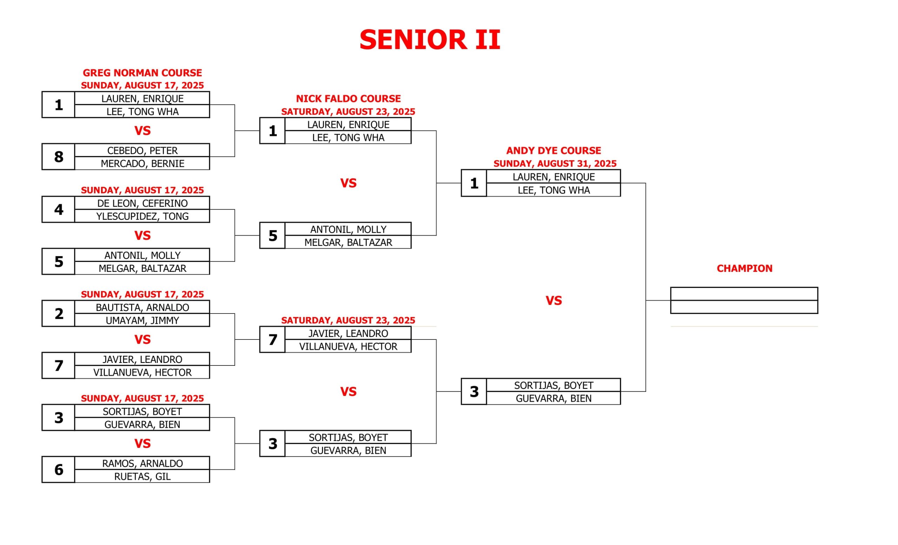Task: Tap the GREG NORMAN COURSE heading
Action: coord(142,73)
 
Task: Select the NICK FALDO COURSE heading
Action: coord(348,99)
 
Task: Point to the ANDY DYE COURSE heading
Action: coord(553,150)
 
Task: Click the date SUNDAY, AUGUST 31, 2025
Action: coord(555,163)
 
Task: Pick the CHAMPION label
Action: coord(744,269)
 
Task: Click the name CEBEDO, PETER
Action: coord(142,150)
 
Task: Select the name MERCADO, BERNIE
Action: coord(142,163)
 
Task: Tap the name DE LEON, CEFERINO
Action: coord(142,203)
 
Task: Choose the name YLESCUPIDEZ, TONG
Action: coord(142,216)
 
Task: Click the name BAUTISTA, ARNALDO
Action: coord(142,308)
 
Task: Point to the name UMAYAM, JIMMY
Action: coord(142,321)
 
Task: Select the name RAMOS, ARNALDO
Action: coord(142,463)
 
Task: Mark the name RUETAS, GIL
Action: coord(142,477)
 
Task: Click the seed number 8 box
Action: coord(58,157)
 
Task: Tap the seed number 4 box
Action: coord(58,209)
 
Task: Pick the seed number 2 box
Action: coord(58,313)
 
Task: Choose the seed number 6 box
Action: coord(58,470)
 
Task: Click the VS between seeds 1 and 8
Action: coord(142,131)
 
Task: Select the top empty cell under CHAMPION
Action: coord(744,294)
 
